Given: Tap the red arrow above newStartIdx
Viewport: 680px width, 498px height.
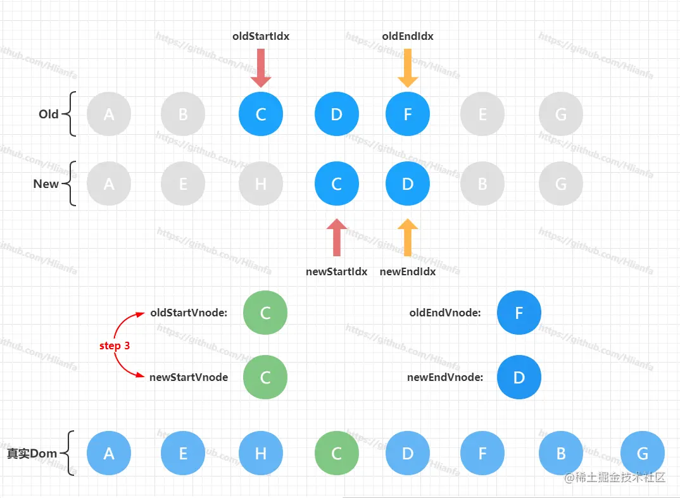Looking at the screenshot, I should pyautogui.click(x=337, y=237).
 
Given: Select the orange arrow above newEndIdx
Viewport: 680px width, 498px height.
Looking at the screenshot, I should pyautogui.click(x=408, y=237).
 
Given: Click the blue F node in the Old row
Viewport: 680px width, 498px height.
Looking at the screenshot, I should pyautogui.click(x=408, y=115).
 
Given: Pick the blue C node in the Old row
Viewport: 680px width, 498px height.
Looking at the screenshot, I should pyautogui.click(x=261, y=115).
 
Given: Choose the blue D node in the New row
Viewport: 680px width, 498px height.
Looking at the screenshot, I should pyautogui.click(x=408, y=184).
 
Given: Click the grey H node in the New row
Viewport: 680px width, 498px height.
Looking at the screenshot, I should pyautogui.click(x=261, y=184).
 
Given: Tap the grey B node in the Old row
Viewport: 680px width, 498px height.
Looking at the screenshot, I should pyautogui.click(x=183, y=115).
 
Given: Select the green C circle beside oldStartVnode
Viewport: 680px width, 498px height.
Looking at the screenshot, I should pyautogui.click(x=265, y=313).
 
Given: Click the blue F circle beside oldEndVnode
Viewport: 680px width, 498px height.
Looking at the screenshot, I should pyautogui.click(x=519, y=313).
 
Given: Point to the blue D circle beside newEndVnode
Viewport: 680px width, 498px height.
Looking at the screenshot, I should pyautogui.click(x=519, y=378).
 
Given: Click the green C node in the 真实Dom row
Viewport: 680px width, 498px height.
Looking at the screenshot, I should pyautogui.click(x=337, y=454).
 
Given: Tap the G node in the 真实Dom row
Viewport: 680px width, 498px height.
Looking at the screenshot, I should pyautogui.click(x=643, y=454).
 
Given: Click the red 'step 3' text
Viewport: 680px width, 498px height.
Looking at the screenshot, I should pyautogui.click(x=115, y=346).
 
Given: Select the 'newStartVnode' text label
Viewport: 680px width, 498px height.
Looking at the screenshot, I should pyautogui.click(x=189, y=377).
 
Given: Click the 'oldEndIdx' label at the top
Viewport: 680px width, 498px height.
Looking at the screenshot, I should pyautogui.click(x=408, y=36).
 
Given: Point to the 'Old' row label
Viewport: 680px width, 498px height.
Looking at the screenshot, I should pyautogui.click(x=49, y=115).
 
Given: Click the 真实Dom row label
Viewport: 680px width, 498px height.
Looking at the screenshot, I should pyautogui.click(x=32, y=454).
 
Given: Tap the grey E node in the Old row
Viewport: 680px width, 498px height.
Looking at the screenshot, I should pyautogui.click(x=482, y=115).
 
